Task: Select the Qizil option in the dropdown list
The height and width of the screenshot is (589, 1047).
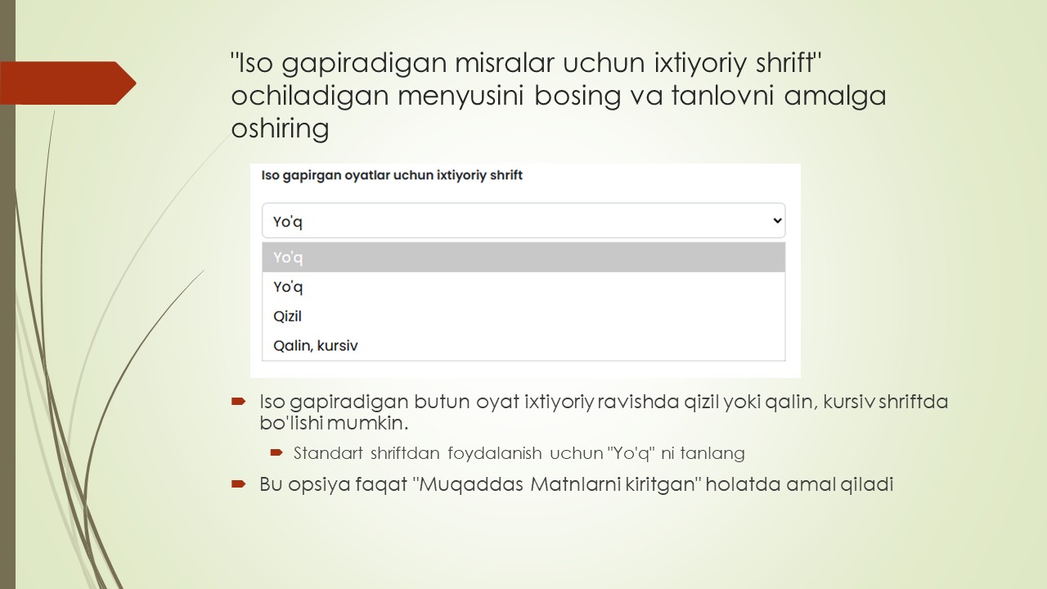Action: pyautogui.click(x=288, y=316)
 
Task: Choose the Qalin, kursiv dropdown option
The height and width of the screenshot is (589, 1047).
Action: pyautogui.click(x=316, y=345)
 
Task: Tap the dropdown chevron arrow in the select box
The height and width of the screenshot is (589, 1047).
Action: pyautogui.click(x=777, y=220)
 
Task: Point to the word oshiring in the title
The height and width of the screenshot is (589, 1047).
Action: pyautogui.click(x=280, y=128)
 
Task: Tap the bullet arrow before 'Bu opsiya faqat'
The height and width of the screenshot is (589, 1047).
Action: pyautogui.click(x=239, y=483)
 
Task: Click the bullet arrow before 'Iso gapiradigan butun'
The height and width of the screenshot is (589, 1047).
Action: pyautogui.click(x=239, y=402)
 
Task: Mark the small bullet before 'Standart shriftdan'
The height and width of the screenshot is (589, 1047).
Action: pyautogui.click(x=276, y=452)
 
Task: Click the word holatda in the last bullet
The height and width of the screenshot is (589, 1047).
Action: pyautogui.click(x=743, y=483)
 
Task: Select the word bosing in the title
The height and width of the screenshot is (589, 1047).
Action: pyautogui.click(x=577, y=96)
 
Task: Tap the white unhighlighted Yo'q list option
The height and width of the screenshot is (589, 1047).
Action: pyautogui.click(x=288, y=286)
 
